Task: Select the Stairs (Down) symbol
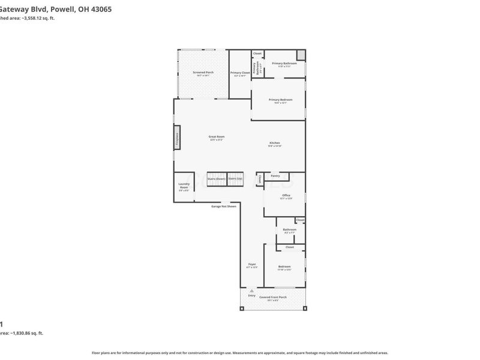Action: (x=216, y=179)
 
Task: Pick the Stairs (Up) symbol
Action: (x=235, y=179)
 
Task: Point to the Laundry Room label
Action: (x=184, y=187)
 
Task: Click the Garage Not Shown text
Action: (x=223, y=206)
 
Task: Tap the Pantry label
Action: (x=275, y=176)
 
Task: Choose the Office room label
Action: (x=286, y=196)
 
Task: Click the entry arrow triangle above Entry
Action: (x=251, y=290)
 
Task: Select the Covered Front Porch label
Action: (x=273, y=297)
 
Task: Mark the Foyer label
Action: (x=252, y=264)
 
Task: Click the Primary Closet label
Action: (x=240, y=73)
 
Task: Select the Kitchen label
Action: (x=274, y=143)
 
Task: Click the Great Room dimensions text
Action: (x=216, y=140)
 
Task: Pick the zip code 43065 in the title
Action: (x=100, y=10)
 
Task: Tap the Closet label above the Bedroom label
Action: (x=289, y=247)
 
